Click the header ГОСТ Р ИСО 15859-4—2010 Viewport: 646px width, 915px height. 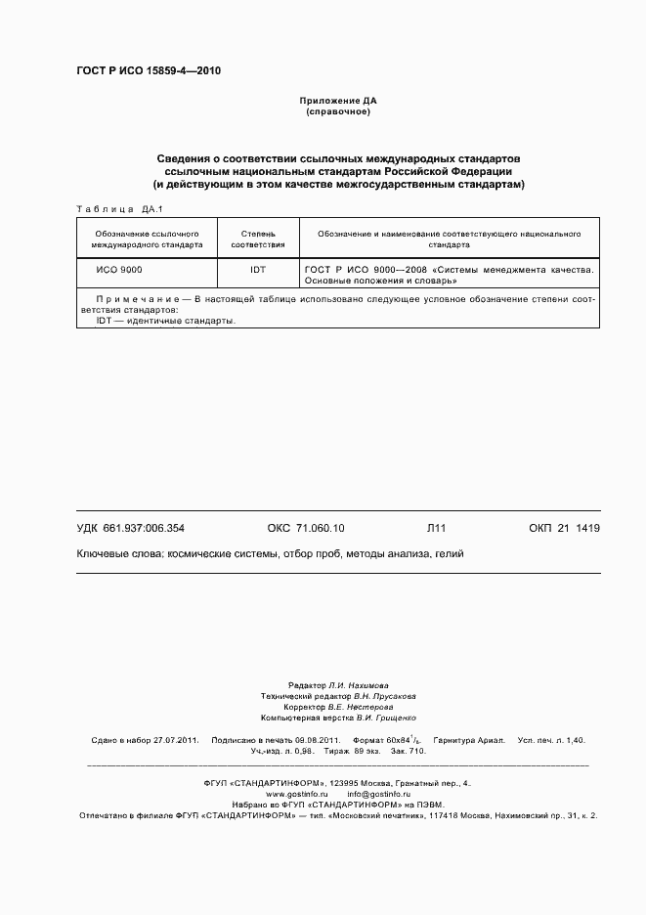pos(149,71)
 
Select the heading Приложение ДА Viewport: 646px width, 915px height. pos(338,101)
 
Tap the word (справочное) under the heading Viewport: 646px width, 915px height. pos(338,112)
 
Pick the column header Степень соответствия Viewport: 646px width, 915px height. pos(258,240)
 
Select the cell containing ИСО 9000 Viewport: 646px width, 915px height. pos(118,268)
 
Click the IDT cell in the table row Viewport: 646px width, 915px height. pos(258,268)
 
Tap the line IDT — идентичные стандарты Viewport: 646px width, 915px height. pos(165,320)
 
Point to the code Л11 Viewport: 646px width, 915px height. pos(436,528)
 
